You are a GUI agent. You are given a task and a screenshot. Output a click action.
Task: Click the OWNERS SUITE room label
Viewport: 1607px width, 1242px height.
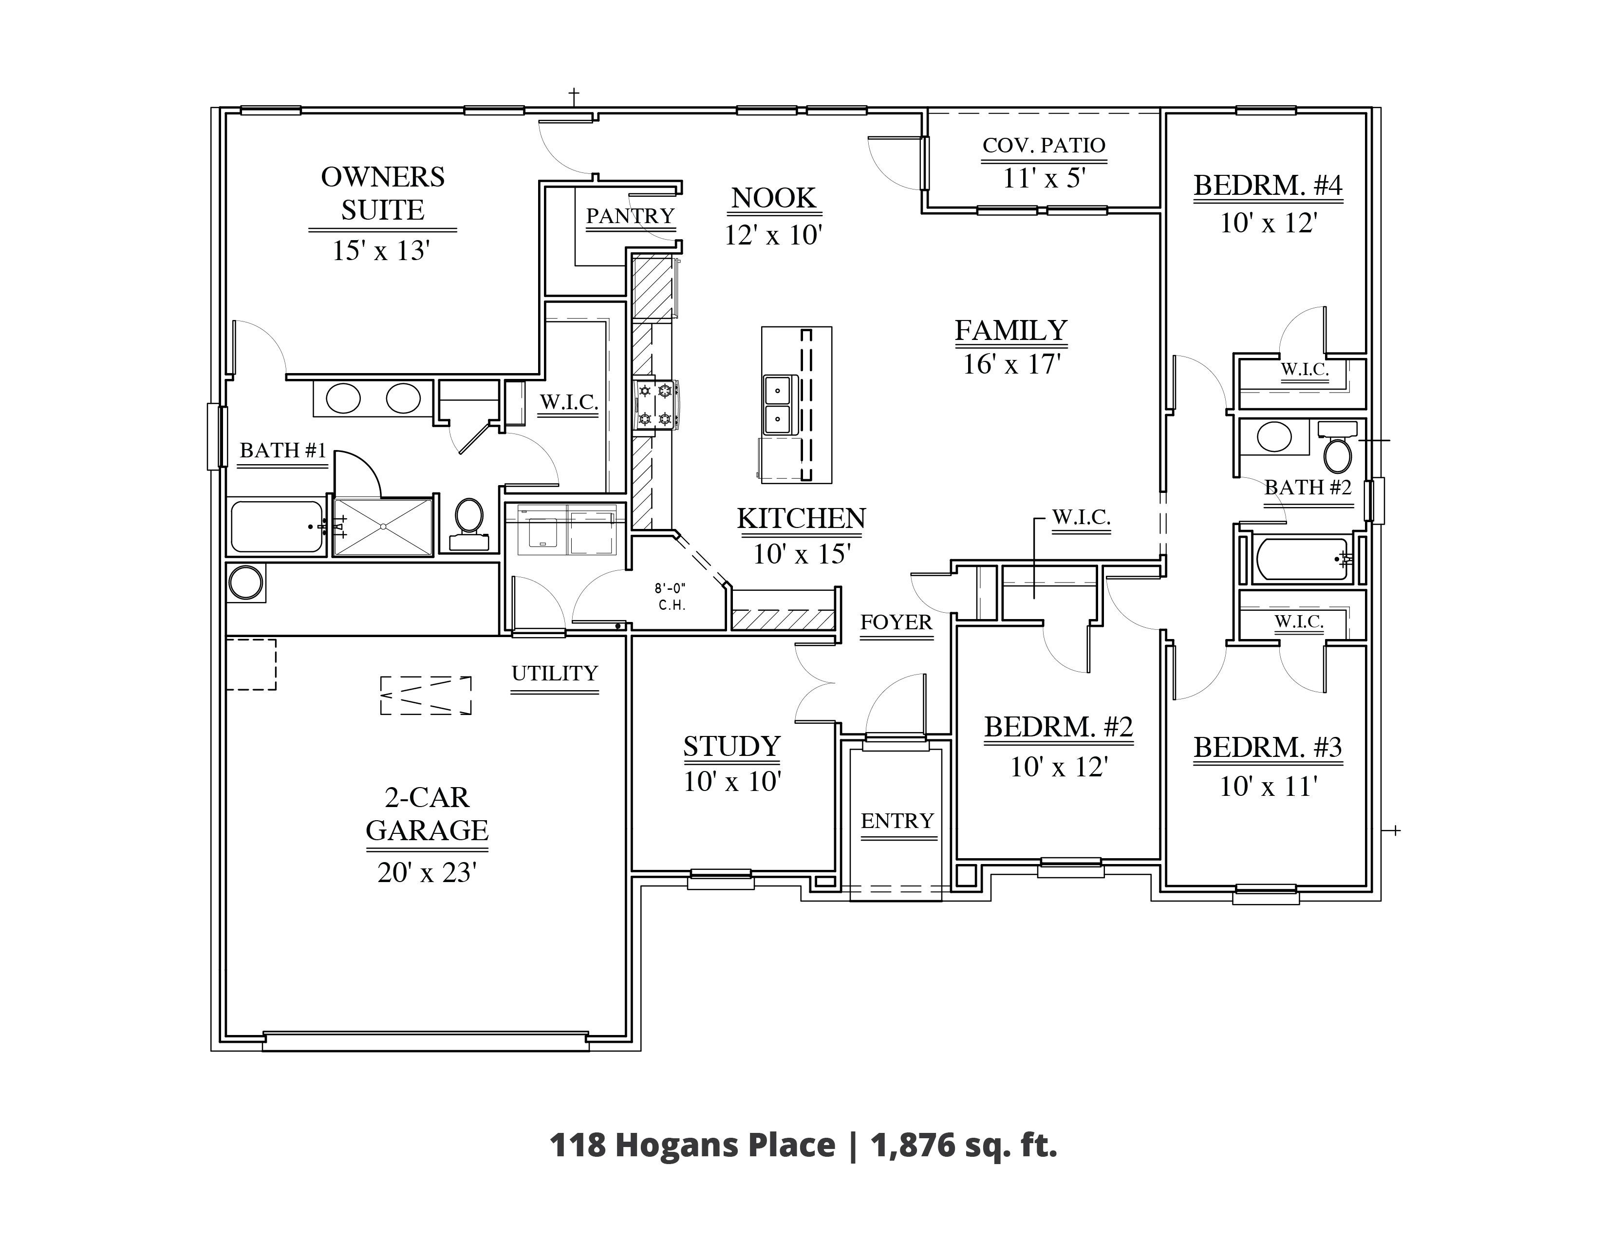[x=383, y=193]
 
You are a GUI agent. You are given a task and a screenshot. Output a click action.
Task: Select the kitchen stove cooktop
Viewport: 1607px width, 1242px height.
[x=655, y=404]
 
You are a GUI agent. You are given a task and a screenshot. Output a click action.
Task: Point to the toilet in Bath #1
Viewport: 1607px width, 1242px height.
[x=468, y=524]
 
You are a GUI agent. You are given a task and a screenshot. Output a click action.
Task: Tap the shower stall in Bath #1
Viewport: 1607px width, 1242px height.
[x=383, y=527]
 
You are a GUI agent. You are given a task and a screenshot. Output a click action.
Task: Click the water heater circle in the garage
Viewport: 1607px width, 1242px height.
[x=246, y=583]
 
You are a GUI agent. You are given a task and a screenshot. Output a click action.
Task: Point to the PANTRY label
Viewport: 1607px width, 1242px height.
[x=630, y=216]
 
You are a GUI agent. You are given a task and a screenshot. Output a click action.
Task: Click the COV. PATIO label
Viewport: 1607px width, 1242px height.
[x=1044, y=145]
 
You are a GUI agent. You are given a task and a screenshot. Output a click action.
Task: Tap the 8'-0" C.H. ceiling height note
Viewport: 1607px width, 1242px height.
[x=671, y=597]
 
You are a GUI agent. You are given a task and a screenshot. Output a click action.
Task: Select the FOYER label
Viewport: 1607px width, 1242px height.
[x=896, y=622]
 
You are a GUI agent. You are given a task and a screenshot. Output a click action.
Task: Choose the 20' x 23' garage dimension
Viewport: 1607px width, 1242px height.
[x=427, y=873]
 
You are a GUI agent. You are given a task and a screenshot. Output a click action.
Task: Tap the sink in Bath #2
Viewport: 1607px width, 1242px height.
[x=1274, y=437]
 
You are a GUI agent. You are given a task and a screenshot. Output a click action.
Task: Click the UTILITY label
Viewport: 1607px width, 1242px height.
[x=555, y=673]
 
